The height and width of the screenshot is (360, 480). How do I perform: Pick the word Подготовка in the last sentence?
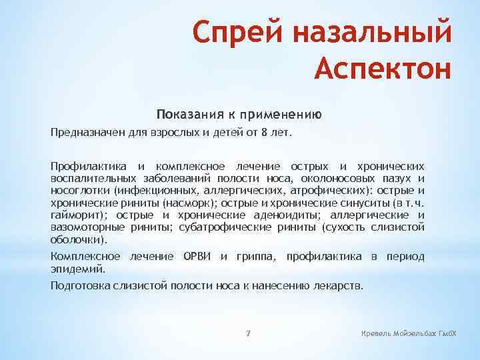click(x=79, y=285)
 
